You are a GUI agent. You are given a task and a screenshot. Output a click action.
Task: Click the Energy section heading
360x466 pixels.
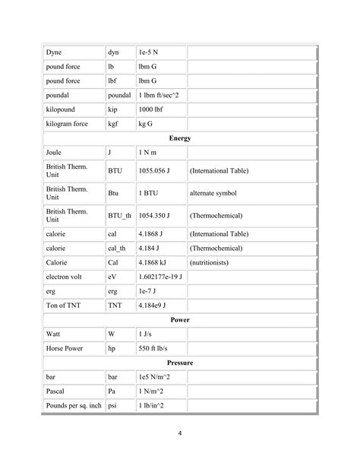[x=180, y=138]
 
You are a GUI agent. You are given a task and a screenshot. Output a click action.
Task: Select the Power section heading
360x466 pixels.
[x=180, y=320]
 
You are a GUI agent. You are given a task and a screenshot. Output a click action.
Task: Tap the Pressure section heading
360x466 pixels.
[x=180, y=363]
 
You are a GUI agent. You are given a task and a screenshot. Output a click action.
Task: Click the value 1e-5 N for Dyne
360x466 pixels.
[x=150, y=52]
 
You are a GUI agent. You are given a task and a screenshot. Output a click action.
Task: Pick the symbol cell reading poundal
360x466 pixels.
[x=120, y=96]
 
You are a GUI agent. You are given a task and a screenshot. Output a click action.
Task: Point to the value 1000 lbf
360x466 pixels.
[x=152, y=109]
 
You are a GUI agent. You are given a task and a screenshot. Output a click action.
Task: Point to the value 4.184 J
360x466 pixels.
[x=150, y=248]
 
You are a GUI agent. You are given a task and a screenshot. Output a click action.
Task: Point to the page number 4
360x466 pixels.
[x=180, y=434]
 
